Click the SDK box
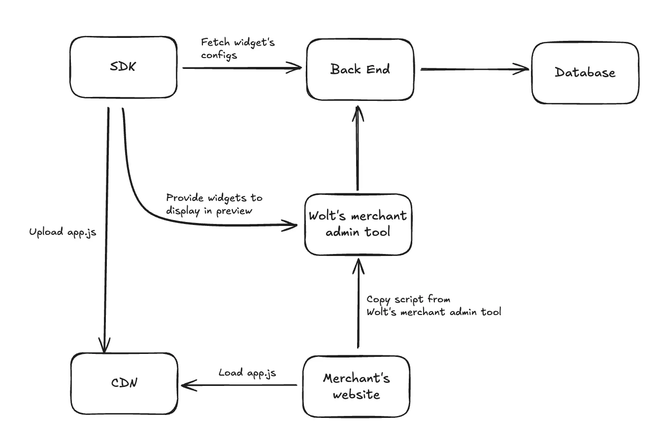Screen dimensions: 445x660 (123, 67)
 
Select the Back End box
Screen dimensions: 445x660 (360, 69)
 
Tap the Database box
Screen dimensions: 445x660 (585, 73)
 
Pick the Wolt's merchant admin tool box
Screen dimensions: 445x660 (358, 224)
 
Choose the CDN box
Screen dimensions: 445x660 (124, 383)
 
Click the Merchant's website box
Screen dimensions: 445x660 (356, 386)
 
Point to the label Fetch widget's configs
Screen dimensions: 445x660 (237, 48)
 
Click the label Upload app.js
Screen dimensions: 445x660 (63, 232)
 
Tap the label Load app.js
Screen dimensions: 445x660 (247, 373)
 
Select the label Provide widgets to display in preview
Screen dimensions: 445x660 (214, 204)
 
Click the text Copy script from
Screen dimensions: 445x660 (408, 299)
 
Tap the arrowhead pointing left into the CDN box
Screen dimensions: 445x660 (187, 385)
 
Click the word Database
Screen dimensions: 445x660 (585, 73)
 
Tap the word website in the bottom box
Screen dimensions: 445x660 (356, 395)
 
